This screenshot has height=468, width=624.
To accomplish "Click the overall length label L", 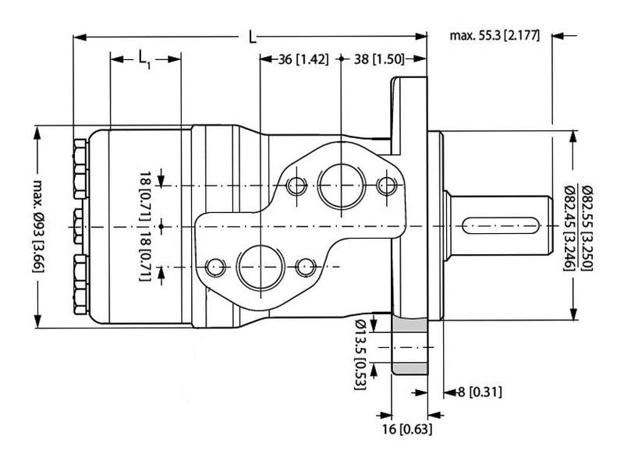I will (x=252, y=37).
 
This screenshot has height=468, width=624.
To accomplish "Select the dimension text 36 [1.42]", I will (x=303, y=58).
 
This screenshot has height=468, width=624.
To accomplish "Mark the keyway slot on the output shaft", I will (x=500, y=226).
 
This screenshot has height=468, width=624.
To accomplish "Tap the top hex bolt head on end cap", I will (x=78, y=159).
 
